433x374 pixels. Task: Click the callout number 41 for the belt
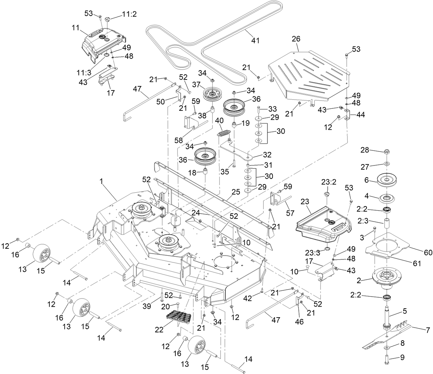click(x=255, y=41)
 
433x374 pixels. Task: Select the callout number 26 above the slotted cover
click(x=296, y=40)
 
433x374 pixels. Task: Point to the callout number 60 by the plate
click(x=428, y=252)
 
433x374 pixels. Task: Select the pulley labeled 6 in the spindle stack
click(x=386, y=180)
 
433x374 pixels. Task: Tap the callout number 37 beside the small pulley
click(x=196, y=84)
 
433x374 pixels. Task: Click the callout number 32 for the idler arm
click(x=267, y=155)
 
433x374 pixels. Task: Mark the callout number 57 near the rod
click(x=290, y=213)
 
